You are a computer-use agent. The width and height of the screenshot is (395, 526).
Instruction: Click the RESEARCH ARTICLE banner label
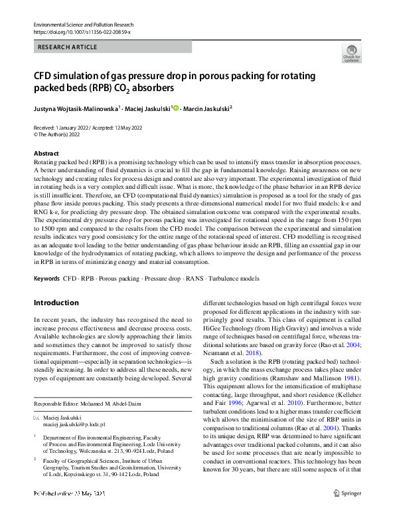68,47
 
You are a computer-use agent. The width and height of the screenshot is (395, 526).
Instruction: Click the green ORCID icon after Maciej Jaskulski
175,107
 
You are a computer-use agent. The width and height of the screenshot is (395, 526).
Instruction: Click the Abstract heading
45,154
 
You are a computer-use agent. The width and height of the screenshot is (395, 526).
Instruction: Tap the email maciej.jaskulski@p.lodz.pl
70,424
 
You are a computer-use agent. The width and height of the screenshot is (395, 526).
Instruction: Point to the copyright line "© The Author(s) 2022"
60,134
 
